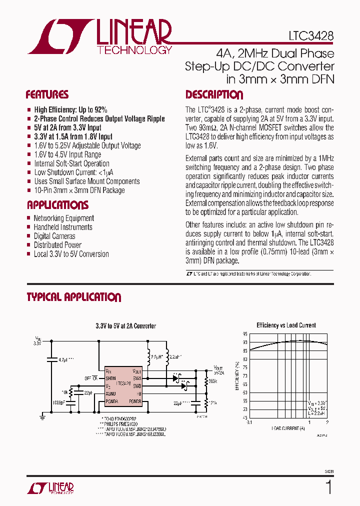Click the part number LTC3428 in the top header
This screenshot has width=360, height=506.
(310, 36)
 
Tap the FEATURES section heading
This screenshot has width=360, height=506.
(47, 95)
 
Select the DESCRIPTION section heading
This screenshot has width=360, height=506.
(214, 95)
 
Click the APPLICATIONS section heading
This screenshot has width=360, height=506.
(57, 205)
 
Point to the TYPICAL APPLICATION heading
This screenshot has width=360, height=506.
(73, 297)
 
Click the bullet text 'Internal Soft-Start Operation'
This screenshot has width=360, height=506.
(71, 163)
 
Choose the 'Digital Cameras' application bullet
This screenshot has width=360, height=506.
(54, 236)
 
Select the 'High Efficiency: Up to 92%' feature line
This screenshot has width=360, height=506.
(70, 109)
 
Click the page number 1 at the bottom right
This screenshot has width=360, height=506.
(328, 487)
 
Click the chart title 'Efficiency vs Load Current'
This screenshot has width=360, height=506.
(286, 325)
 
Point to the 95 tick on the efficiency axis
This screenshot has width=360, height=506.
(245, 333)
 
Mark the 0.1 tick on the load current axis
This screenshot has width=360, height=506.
(249, 422)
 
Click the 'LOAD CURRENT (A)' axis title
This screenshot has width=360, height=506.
(288, 428)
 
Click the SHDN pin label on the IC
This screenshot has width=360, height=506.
(110, 378)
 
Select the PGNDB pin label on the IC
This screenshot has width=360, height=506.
(135, 401)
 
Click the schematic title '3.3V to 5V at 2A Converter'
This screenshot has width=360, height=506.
(125, 326)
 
